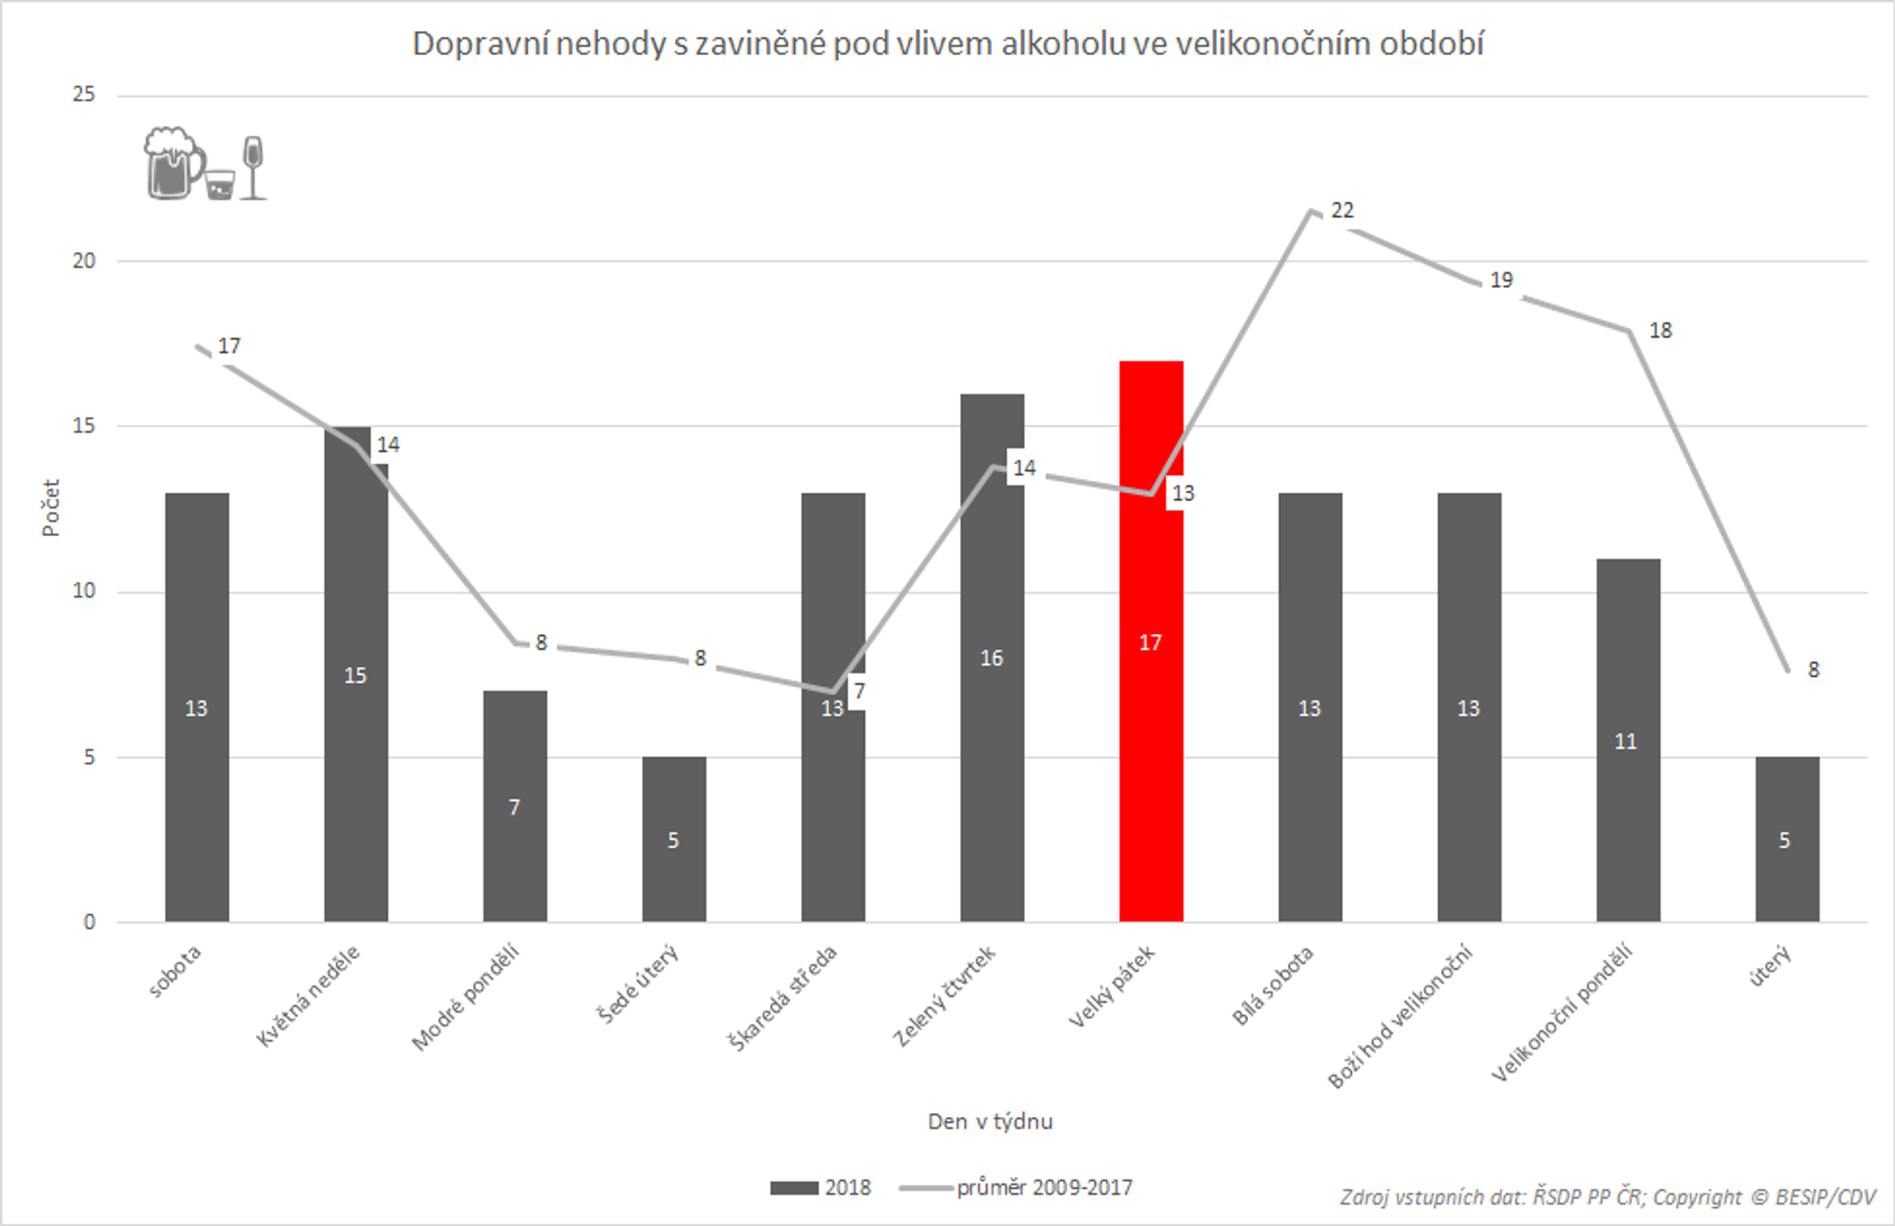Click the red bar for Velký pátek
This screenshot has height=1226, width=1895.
(x=1150, y=717)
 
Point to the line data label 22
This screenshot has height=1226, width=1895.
(x=1342, y=210)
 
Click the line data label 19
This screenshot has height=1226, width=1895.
(x=1501, y=280)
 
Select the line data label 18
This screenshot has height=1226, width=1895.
(x=1660, y=331)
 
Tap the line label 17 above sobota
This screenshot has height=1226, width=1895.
(x=228, y=347)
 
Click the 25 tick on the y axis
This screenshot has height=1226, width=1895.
(x=84, y=95)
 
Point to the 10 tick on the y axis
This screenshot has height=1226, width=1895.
(x=84, y=591)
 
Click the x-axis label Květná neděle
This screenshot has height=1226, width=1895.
(x=309, y=995)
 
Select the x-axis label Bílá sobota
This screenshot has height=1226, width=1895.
(x=1272, y=985)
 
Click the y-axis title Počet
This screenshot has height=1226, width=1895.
(x=51, y=508)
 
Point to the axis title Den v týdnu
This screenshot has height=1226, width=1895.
(x=989, y=1122)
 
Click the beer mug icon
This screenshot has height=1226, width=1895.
(x=173, y=163)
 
